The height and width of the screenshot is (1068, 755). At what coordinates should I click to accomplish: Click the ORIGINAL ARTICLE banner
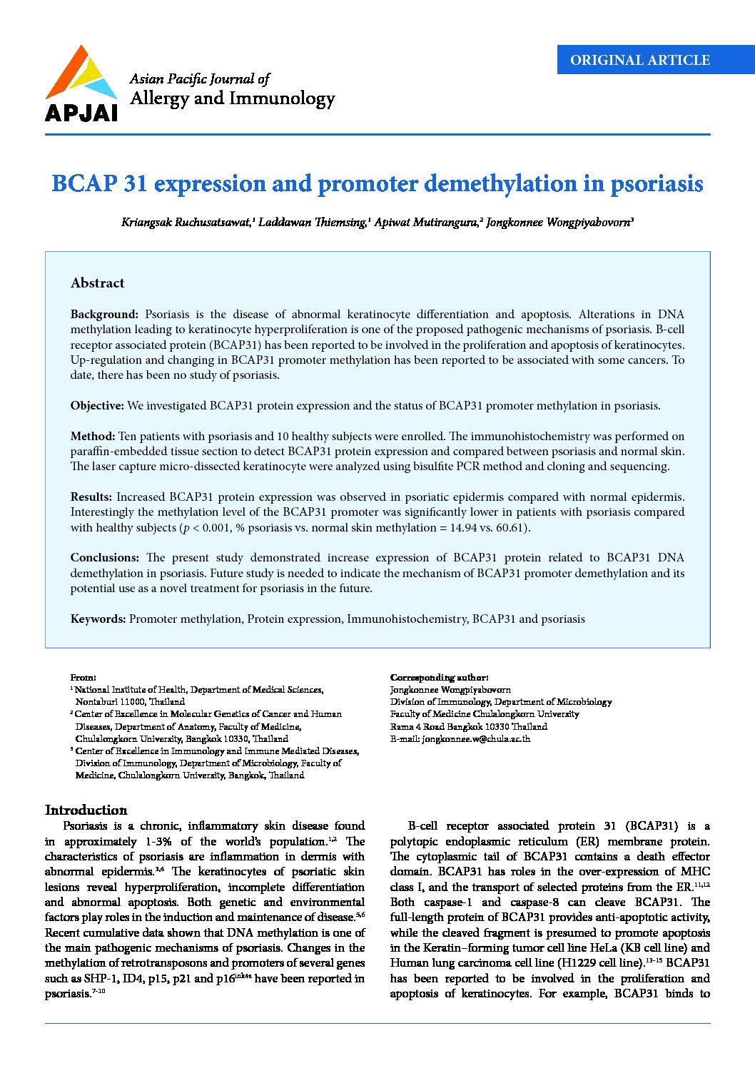click(x=639, y=60)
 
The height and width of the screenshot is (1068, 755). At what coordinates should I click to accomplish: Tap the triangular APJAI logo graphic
click(x=81, y=74)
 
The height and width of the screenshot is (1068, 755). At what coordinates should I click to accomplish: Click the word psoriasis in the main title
click(x=657, y=184)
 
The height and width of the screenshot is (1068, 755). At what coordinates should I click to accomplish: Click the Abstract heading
click(x=97, y=283)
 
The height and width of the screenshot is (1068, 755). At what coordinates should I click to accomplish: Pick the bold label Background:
click(x=104, y=315)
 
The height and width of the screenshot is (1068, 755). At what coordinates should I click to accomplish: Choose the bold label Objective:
click(x=97, y=406)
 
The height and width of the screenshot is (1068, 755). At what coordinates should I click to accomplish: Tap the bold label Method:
click(x=92, y=436)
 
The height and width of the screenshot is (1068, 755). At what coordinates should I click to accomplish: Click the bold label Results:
click(x=91, y=497)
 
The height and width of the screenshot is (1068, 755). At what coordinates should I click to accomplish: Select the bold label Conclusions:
click(x=104, y=558)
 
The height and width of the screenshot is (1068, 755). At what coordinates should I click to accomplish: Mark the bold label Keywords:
click(x=98, y=619)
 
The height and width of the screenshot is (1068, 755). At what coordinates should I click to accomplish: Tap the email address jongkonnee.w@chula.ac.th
click(x=476, y=739)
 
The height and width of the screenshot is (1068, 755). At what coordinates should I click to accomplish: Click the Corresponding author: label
click(x=439, y=677)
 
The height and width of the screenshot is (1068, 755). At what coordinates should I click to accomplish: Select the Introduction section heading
click(x=86, y=810)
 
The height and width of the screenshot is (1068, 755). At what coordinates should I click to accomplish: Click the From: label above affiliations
click(x=83, y=677)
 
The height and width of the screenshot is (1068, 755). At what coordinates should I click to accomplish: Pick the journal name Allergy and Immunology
click(x=232, y=98)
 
